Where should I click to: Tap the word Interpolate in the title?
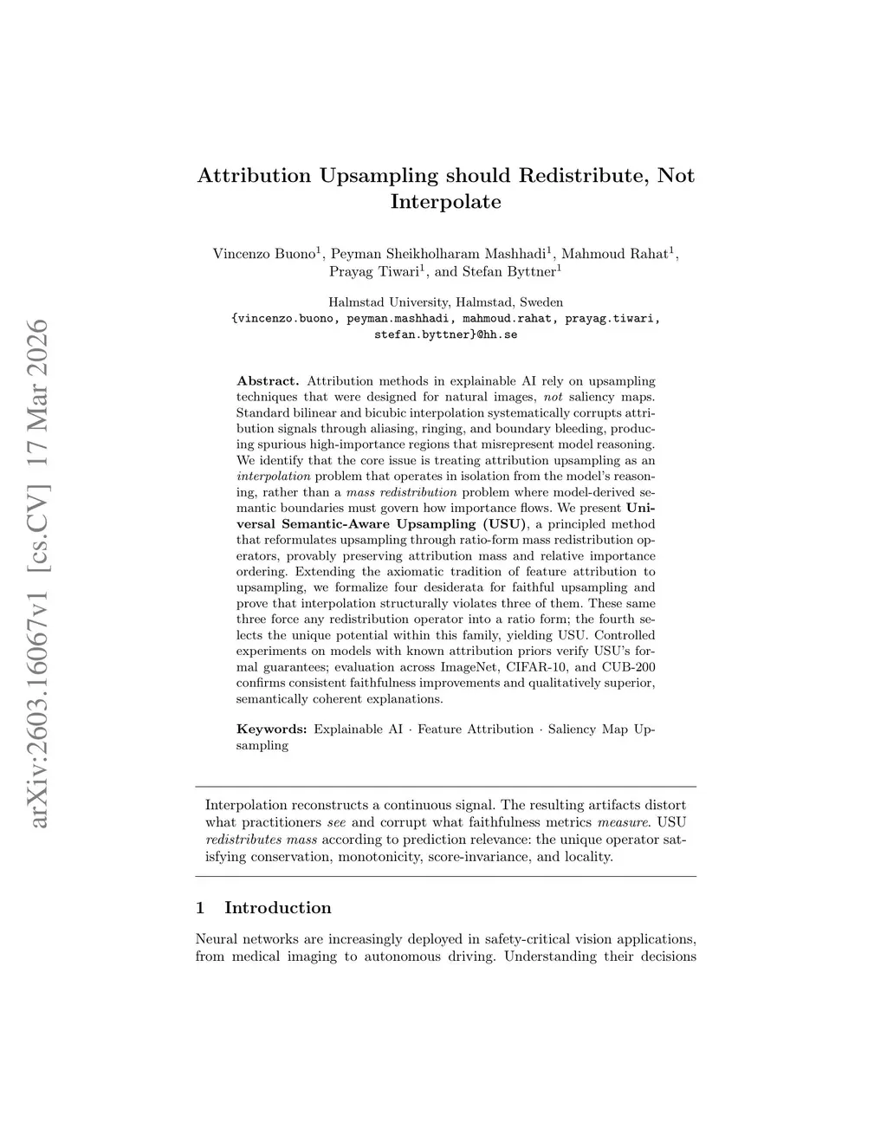click(445, 203)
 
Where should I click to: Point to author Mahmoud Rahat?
click(615, 254)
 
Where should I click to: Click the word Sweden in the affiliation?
click(541, 302)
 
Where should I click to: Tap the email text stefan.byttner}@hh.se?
click(445, 334)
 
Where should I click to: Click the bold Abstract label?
click(268, 381)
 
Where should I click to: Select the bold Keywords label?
click(271, 730)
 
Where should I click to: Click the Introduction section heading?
click(277, 908)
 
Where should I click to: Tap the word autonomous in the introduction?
click(403, 957)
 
